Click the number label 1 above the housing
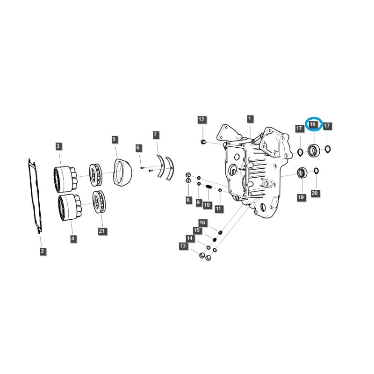pos(250,119)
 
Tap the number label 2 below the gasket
pos(43,252)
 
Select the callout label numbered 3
pos(58,146)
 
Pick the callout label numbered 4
pos(72,238)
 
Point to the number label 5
pos(115,139)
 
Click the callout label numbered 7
pos(156,135)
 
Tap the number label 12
pos(201,120)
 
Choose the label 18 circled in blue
pos(313,125)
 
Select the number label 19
pos(301,198)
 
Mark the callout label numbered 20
pos(315,193)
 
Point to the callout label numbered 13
pos(183,246)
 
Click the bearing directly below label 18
pos(313,151)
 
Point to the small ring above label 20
pos(316,170)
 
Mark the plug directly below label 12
pos(203,141)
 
